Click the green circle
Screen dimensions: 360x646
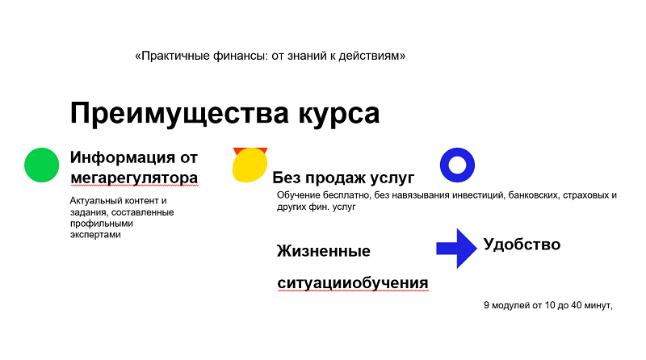click(x=42, y=165)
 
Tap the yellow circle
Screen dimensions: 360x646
click(x=250, y=165)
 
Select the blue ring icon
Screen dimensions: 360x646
click(x=457, y=165)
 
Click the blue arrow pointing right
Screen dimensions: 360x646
click(x=457, y=249)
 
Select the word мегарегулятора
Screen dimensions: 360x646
click(x=133, y=177)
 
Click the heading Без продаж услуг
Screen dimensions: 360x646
click(x=343, y=178)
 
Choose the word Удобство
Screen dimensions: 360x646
click(x=522, y=244)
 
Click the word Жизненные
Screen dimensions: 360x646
click(x=324, y=251)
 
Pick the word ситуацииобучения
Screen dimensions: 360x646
click(x=352, y=283)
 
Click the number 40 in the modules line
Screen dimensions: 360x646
click(x=565, y=305)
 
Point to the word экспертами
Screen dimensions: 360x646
click(x=95, y=234)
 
